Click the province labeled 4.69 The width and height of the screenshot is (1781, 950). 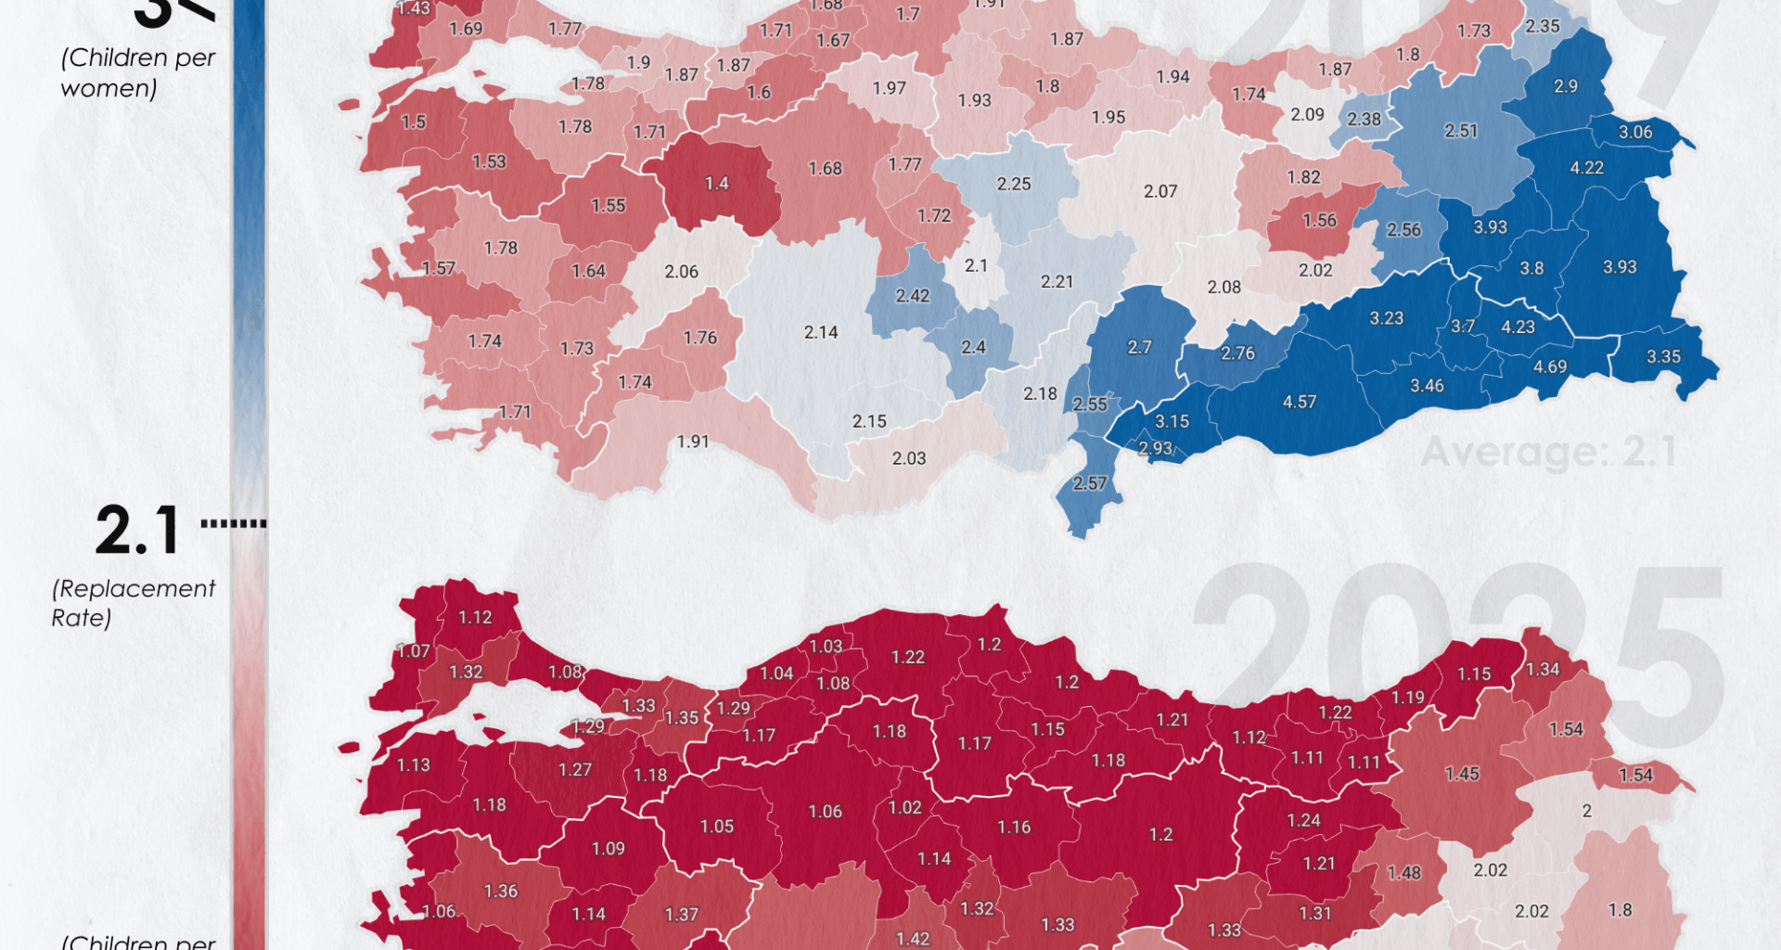(x=1549, y=367)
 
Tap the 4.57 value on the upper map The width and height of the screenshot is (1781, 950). (x=1299, y=403)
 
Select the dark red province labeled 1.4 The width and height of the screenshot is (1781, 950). (x=717, y=184)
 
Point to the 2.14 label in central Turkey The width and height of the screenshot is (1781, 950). (x=821, y=332)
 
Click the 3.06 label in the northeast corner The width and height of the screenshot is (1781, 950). (x=1635, y=133)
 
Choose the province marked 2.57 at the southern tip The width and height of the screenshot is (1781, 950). (x=1090, y=483)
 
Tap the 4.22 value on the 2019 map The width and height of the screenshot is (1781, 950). (x=1586, y=168)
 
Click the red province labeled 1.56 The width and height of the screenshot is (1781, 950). (x=1319, y=221)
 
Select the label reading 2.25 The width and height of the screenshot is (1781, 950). (x=1014, y=185)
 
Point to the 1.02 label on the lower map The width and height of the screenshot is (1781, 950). (x=905, y=808)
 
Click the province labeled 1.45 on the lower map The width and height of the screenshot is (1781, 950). (x=1462, y=774)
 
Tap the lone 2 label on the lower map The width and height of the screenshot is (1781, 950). (x=1586, y=811)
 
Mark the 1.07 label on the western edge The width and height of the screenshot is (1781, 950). (x=414, y=651)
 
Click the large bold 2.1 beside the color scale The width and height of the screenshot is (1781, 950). (x=137, y=531)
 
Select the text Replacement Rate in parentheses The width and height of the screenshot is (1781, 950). (x=133, y=603)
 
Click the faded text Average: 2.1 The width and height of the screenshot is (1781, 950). (x=1548, y=454)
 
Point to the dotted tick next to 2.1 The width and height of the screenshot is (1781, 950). (x=234, y=524)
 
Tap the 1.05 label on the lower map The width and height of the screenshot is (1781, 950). (x=717, y=827)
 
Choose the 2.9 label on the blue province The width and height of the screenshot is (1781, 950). (x=1566, y=86)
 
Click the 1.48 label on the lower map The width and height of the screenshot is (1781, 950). (x=1403, y=873)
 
